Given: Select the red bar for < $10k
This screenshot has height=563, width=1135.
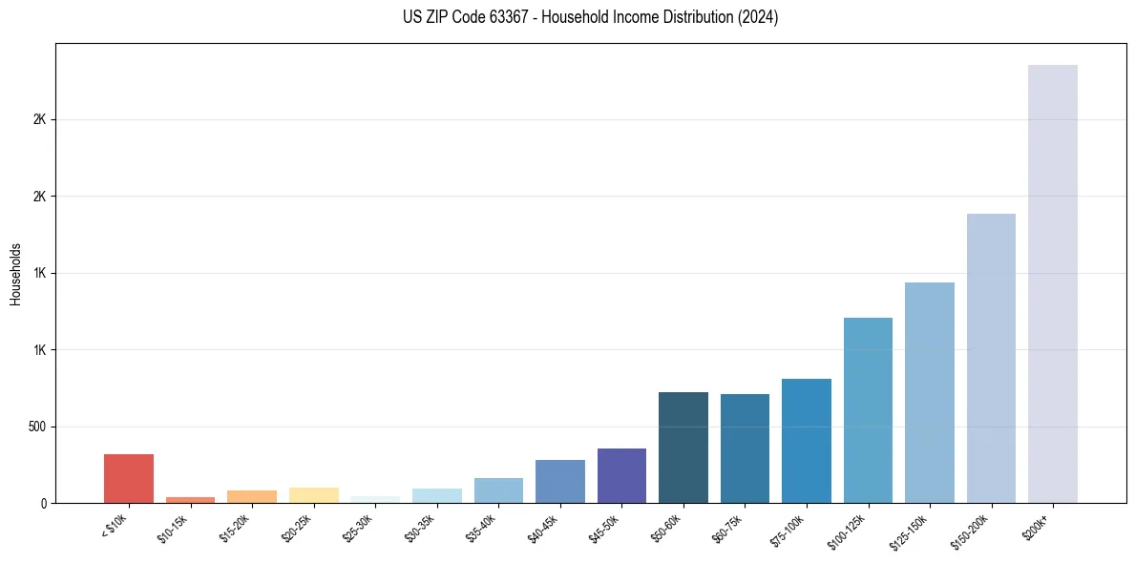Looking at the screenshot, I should click(x=129, y=478).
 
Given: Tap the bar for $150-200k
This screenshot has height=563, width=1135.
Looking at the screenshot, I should click(x=991, y=358).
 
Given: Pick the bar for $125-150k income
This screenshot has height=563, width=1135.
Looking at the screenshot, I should click(x=929, y=392).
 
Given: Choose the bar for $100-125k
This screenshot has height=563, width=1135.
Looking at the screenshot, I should click(x=868, y=410).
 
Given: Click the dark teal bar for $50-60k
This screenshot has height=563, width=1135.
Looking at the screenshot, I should click(x=683, y=448).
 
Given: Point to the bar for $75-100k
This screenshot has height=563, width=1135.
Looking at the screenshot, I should click(x=806, y=441).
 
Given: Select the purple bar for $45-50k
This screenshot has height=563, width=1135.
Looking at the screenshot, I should click(x=621, y=475).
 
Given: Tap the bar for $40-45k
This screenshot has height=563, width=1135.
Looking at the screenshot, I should click(x=559, y=481).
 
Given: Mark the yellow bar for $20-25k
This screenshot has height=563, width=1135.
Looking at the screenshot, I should click(x=313, y=495).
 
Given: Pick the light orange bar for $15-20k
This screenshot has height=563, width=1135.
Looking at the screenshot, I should click(x=252, y=496).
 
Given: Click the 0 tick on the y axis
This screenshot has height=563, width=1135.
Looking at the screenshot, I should click(x=43, y=503).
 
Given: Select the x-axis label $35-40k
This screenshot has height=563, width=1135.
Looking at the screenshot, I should click(x=482, y=526).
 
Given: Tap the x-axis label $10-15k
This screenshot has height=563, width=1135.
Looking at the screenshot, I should click(x=174, y=526).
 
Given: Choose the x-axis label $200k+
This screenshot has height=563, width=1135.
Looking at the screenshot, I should click(x=1037, y=524).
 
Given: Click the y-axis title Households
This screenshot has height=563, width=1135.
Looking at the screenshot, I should click(x=16, y=274).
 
